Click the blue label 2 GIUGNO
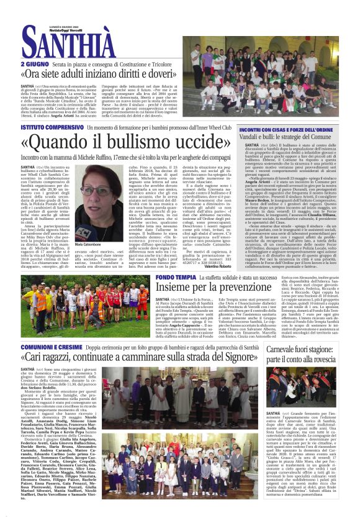[34, 63]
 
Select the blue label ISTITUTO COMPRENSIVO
[48, 127]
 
